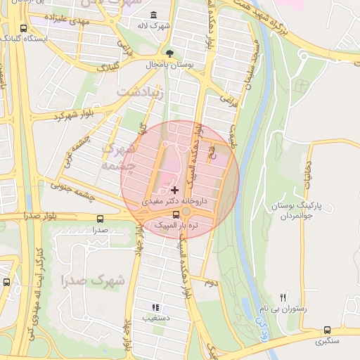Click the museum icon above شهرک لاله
point(154,15)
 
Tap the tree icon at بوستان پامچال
point(169,53)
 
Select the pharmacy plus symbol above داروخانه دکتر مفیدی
point(174,190)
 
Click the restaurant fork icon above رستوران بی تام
point(283,298)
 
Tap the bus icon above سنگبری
point(327,330)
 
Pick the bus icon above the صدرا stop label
point(99,219)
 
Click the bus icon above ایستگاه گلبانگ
point(24,29)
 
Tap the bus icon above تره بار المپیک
point(176,214)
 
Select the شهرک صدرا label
point(93,281)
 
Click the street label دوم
point(209,282)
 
